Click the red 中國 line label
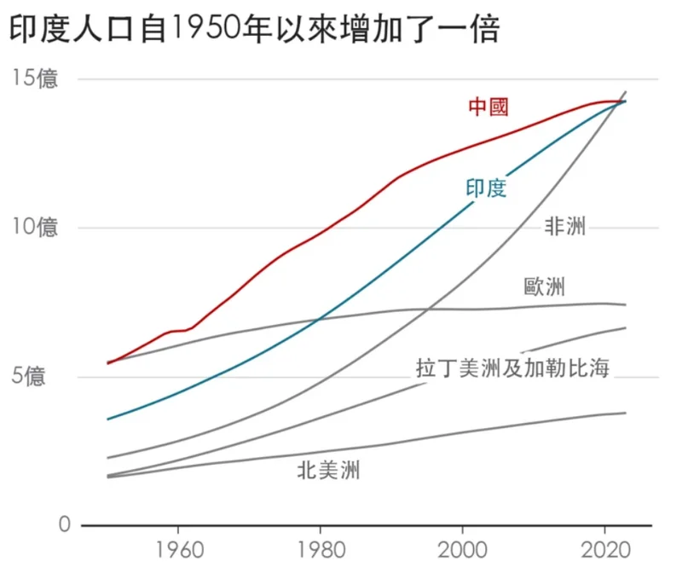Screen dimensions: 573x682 [488, 107]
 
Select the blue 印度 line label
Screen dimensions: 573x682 [486, 188]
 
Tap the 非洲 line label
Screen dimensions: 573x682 [565, 227]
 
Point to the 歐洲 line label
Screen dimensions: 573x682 [544, 286]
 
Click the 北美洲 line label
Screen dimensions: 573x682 [329, 469]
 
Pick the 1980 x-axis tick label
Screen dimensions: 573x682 [320, 547]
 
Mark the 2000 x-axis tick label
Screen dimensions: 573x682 [463, 547]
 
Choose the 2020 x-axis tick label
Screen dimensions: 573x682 [605, 547]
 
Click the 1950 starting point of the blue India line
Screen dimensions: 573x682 [108, 419]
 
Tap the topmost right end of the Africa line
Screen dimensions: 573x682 [626, 92]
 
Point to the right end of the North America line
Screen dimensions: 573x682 [626, 413]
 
